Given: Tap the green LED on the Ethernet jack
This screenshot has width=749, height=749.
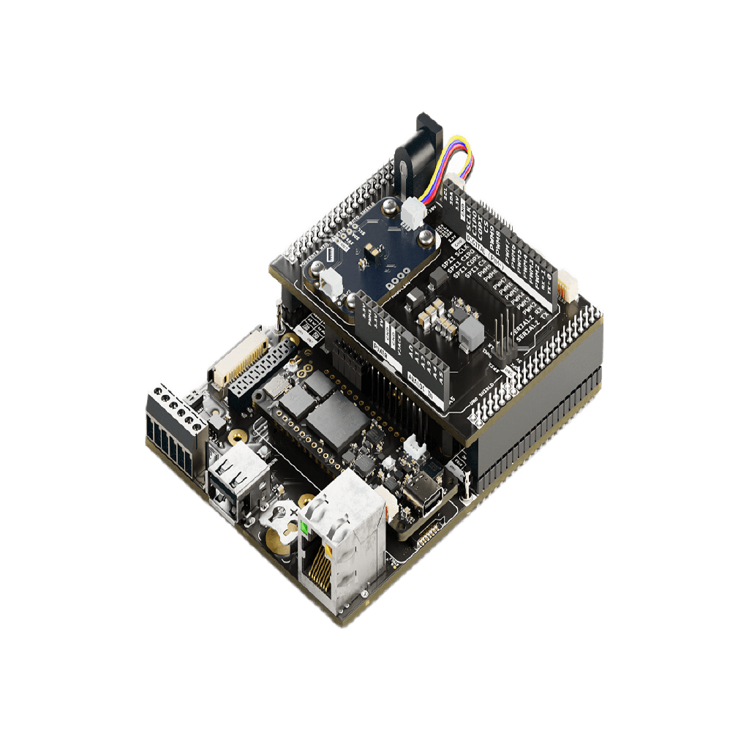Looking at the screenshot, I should (x=304, y=526).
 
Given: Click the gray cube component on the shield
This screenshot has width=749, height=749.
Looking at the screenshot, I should (x=472, y=334).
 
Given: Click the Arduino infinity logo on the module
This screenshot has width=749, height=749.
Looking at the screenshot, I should (x=306, y=500).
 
